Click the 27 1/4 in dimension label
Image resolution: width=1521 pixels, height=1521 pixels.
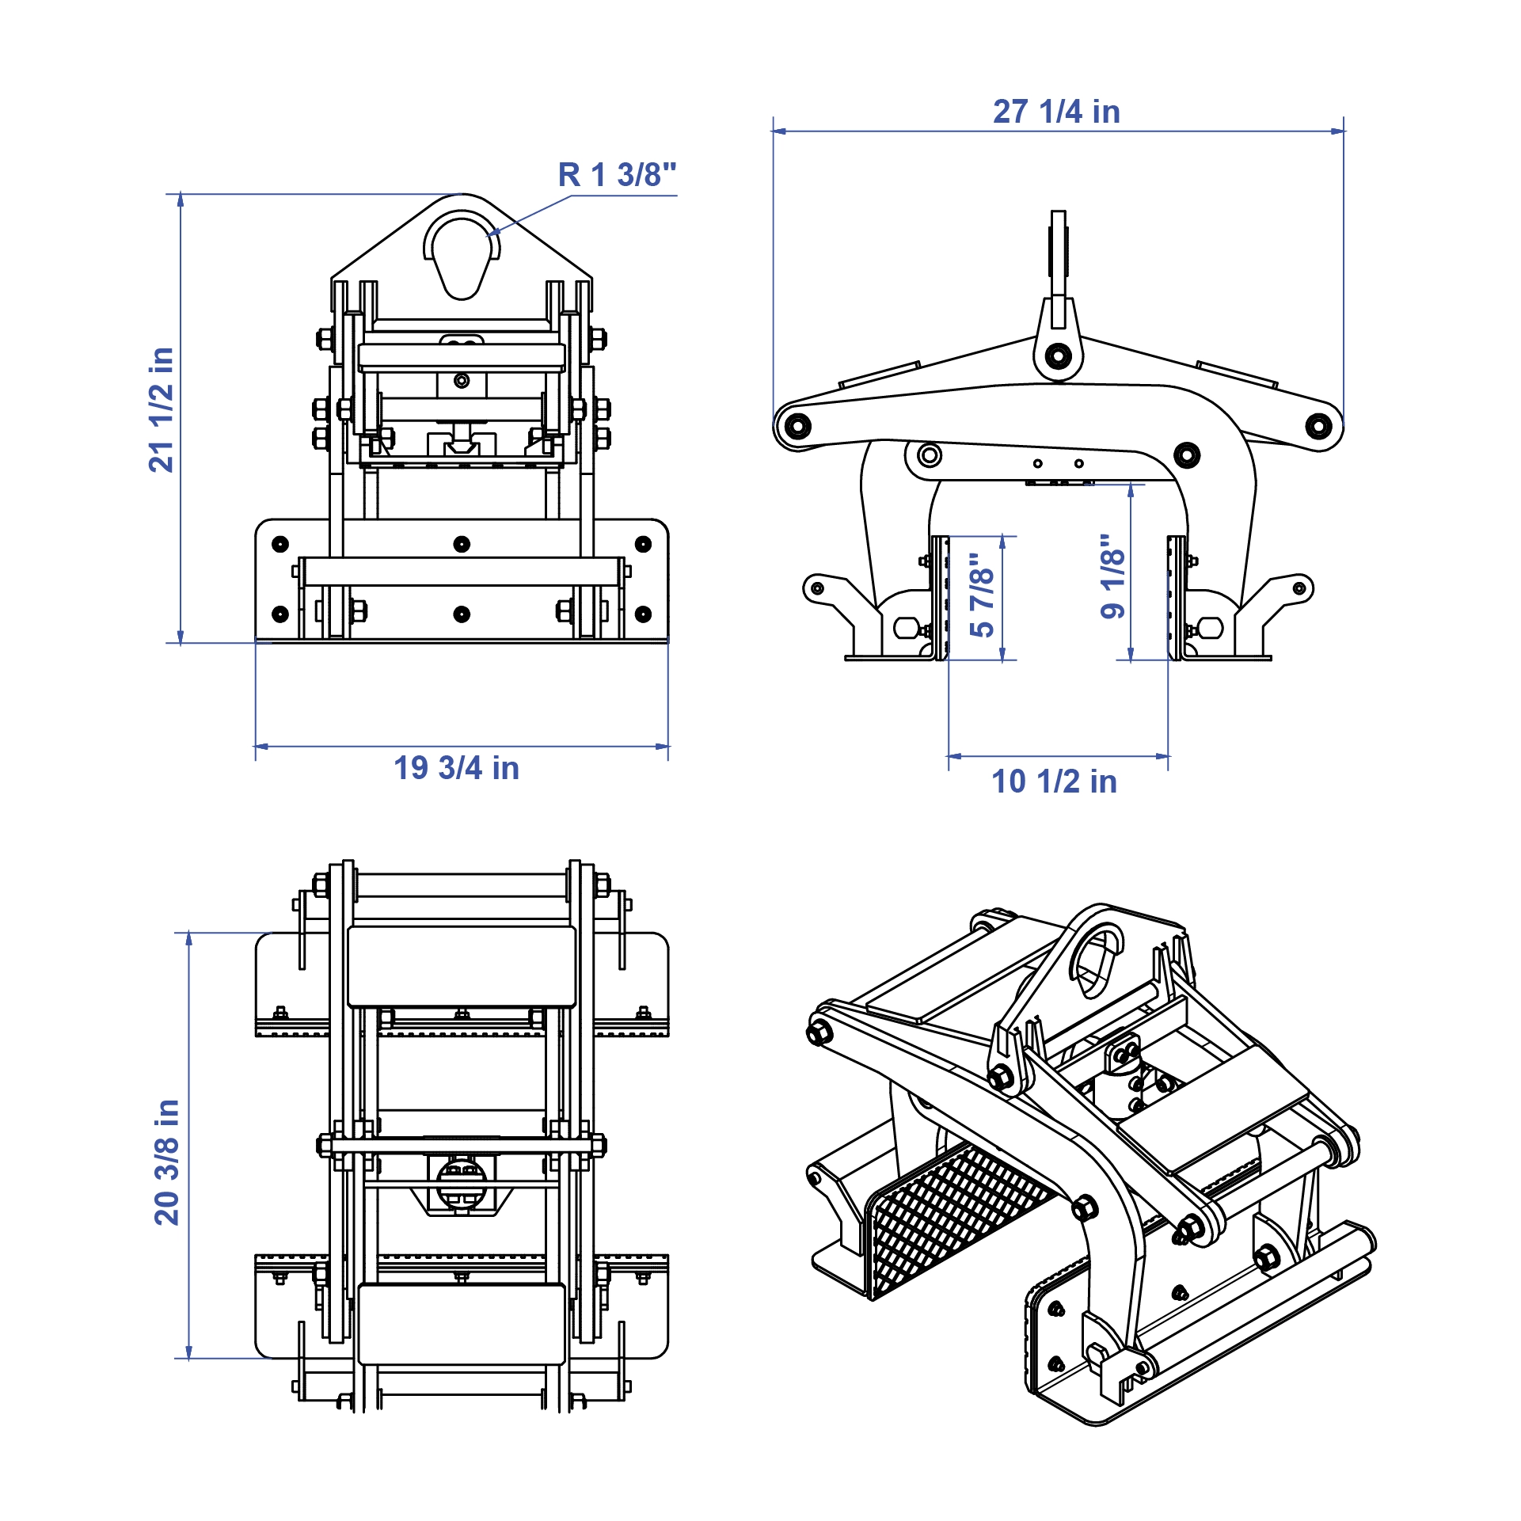(x=1056, y=112)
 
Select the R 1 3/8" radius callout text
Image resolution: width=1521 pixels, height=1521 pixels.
(x=617, y=175)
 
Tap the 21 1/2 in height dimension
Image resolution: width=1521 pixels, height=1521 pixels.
(x=162, y=409)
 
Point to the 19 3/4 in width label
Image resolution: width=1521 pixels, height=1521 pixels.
(x=456, y=768)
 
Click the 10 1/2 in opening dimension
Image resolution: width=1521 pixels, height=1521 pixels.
(x=1054, y=781)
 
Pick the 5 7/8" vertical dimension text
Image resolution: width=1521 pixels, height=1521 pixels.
(x=982, y=595)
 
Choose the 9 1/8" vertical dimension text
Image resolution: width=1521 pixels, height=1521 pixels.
(x=1113, y=576)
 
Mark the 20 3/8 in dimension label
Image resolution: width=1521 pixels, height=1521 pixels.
(x=167, y=1162)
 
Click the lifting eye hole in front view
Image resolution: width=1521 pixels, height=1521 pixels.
(x=462, y=253)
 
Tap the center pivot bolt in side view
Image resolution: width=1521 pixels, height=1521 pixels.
(x=1058, y=356)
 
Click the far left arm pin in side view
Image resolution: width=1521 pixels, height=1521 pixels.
(x=795, y=426)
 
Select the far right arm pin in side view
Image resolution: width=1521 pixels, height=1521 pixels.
(x=1318, y=426)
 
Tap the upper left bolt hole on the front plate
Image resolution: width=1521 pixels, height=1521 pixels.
(x=280, y=544)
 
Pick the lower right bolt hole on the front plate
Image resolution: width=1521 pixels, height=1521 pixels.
(x=643, y=614)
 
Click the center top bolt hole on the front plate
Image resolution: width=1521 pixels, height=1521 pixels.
(x=462, y=544)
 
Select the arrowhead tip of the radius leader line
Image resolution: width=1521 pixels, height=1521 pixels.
(x=488, y=235)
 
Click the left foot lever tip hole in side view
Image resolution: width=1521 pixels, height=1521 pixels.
(x=817, y=588)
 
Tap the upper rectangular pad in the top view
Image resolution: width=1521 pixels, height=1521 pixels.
(x=462, y=966)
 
